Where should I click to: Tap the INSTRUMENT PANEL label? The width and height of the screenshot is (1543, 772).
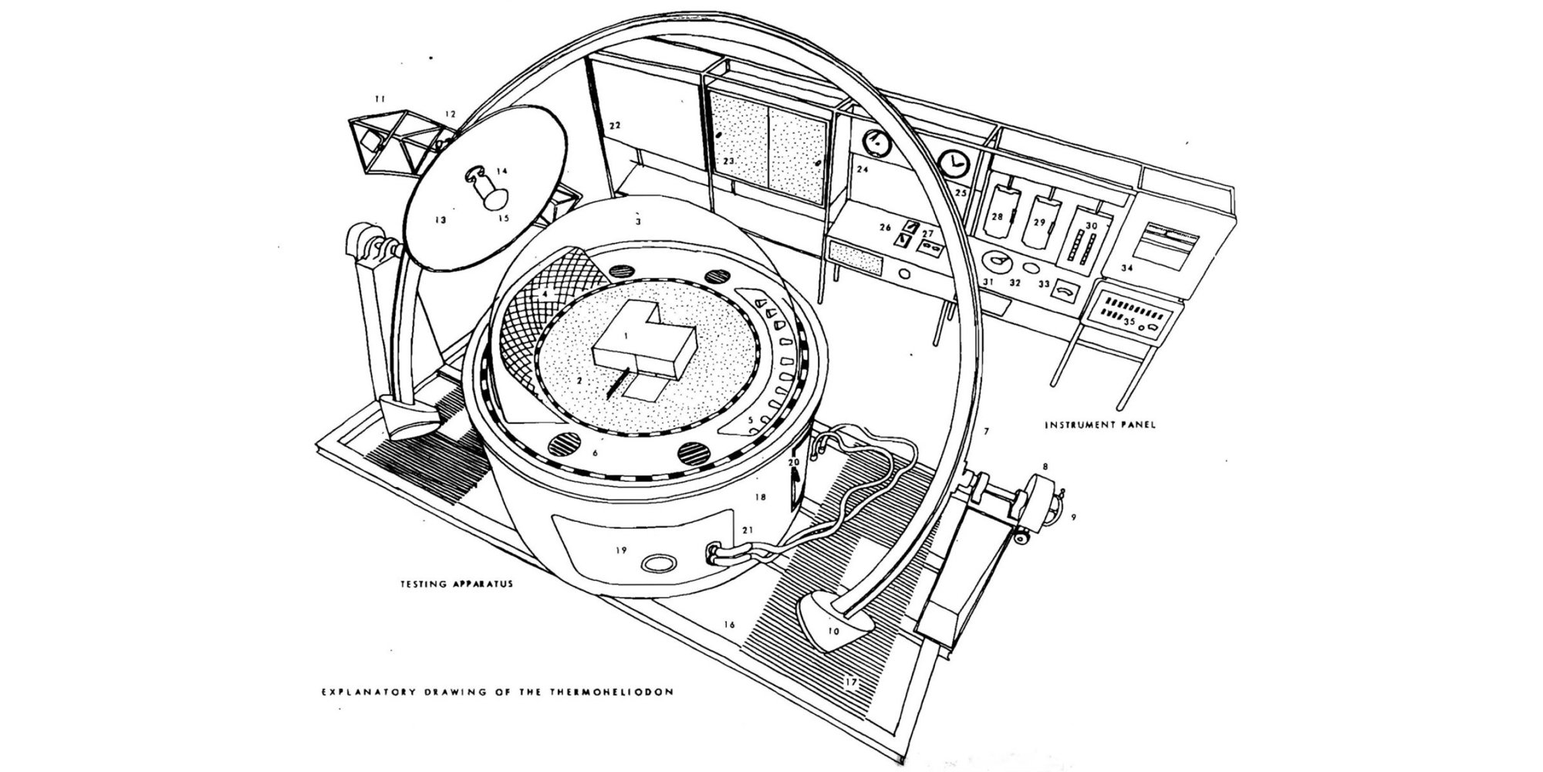1100,425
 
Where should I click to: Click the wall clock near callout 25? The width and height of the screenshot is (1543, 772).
954,163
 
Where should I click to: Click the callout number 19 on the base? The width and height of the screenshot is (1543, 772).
621,550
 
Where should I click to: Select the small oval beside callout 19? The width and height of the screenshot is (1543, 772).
658,564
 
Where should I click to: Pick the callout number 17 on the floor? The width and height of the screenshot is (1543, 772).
851,682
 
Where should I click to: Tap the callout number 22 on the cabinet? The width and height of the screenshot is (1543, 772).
615,125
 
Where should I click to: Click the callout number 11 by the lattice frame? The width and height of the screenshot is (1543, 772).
379,99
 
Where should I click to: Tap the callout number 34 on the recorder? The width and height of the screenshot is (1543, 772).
1127,269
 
